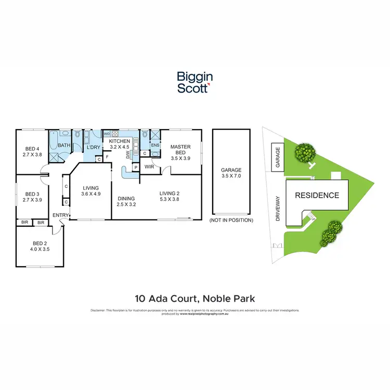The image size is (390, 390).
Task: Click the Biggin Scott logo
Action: (x=194, y=83)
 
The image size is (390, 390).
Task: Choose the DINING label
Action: (x=126, y=198)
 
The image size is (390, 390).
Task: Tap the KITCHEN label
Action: (x=119, y=141)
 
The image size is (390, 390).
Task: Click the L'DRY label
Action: (x=93, y=148)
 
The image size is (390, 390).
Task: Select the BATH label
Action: (x=64, y=146)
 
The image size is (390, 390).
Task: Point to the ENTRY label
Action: (x=60, y=215)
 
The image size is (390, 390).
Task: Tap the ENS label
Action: (x=154, y=145)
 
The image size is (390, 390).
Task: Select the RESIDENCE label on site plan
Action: (x=317, y=196)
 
